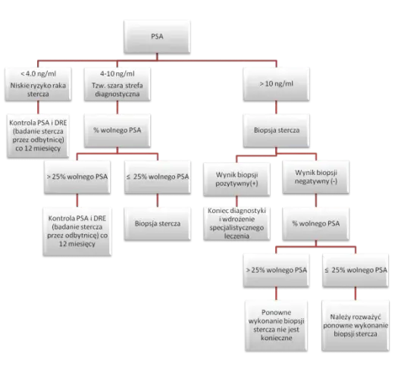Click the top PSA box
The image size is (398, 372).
click(x=157, y=37)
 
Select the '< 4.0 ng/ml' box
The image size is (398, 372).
click(x=38, y=84)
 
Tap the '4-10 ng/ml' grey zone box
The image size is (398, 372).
click(x=118, y=84)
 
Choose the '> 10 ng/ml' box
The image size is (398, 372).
click(x=277, y=84)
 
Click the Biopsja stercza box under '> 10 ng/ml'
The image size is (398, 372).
click(x=277, y=130)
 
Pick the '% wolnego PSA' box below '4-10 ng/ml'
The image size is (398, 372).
click(x=118, y=130)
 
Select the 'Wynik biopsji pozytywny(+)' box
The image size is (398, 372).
click(x=237, y=179)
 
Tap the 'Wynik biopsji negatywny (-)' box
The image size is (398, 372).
click(x=316, y=177)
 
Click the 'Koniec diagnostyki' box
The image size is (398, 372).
click(x=237, y=224)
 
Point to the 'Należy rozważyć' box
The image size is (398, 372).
click(x=356, y=326)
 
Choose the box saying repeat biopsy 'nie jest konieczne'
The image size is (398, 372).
click(x=277, y=326)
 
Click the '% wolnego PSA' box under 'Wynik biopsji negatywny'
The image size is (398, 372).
click(x=316, y=224)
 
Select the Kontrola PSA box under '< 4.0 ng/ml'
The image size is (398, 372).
click(x=38, y=136)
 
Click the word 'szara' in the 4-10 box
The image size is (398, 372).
click(x=116, y=86)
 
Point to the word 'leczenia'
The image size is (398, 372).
click(x=237, y=236)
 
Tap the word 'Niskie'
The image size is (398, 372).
click(x=18, y=86)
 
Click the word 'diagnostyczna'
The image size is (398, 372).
click(x=118, y=94)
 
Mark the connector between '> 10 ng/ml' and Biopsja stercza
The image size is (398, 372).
click(x=277, y=108)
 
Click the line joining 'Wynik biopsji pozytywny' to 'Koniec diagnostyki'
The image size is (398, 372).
click(x=237, y=202)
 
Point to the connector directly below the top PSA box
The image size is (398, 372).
click(x=157, y=57)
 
